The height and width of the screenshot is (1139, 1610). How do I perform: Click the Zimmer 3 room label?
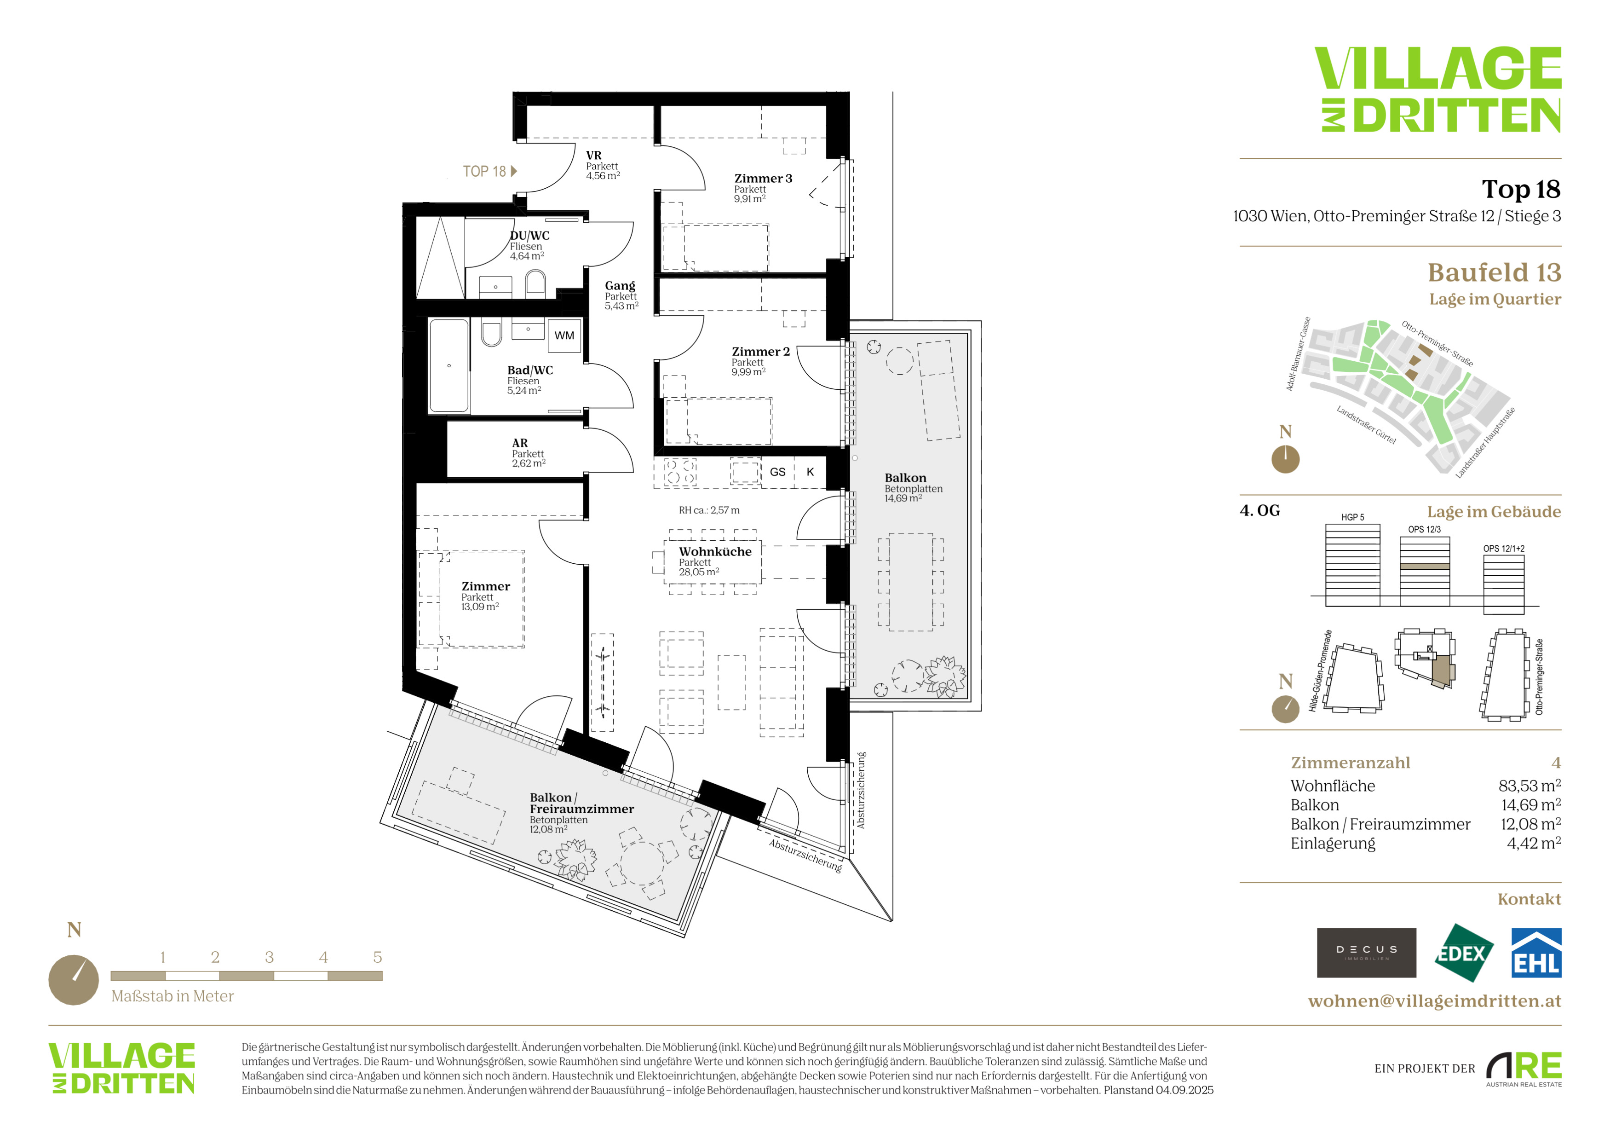click(x=763, y=179)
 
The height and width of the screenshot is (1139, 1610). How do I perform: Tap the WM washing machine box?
click(x=564, y=335)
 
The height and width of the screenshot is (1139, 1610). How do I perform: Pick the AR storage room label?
click(x=520, y=443)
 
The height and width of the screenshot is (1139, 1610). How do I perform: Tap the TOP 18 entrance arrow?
click(x=514, y=171)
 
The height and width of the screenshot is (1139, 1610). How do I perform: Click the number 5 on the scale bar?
click(x=377, y=957)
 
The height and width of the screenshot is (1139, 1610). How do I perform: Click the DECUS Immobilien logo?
click(x=1366, y=953)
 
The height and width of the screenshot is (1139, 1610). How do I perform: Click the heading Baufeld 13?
click(x=1494, y=272)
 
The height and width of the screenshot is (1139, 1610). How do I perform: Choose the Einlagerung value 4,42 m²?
click(x=1534, y=843)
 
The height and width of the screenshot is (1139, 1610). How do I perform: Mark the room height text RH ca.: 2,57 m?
click(x=709, y=510)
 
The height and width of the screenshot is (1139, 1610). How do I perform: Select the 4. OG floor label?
click(x=1259, y=510)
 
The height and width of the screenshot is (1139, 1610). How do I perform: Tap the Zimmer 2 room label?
click(x=761, y=352)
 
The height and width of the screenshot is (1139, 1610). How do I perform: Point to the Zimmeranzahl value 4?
click(x=1556, y=763)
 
